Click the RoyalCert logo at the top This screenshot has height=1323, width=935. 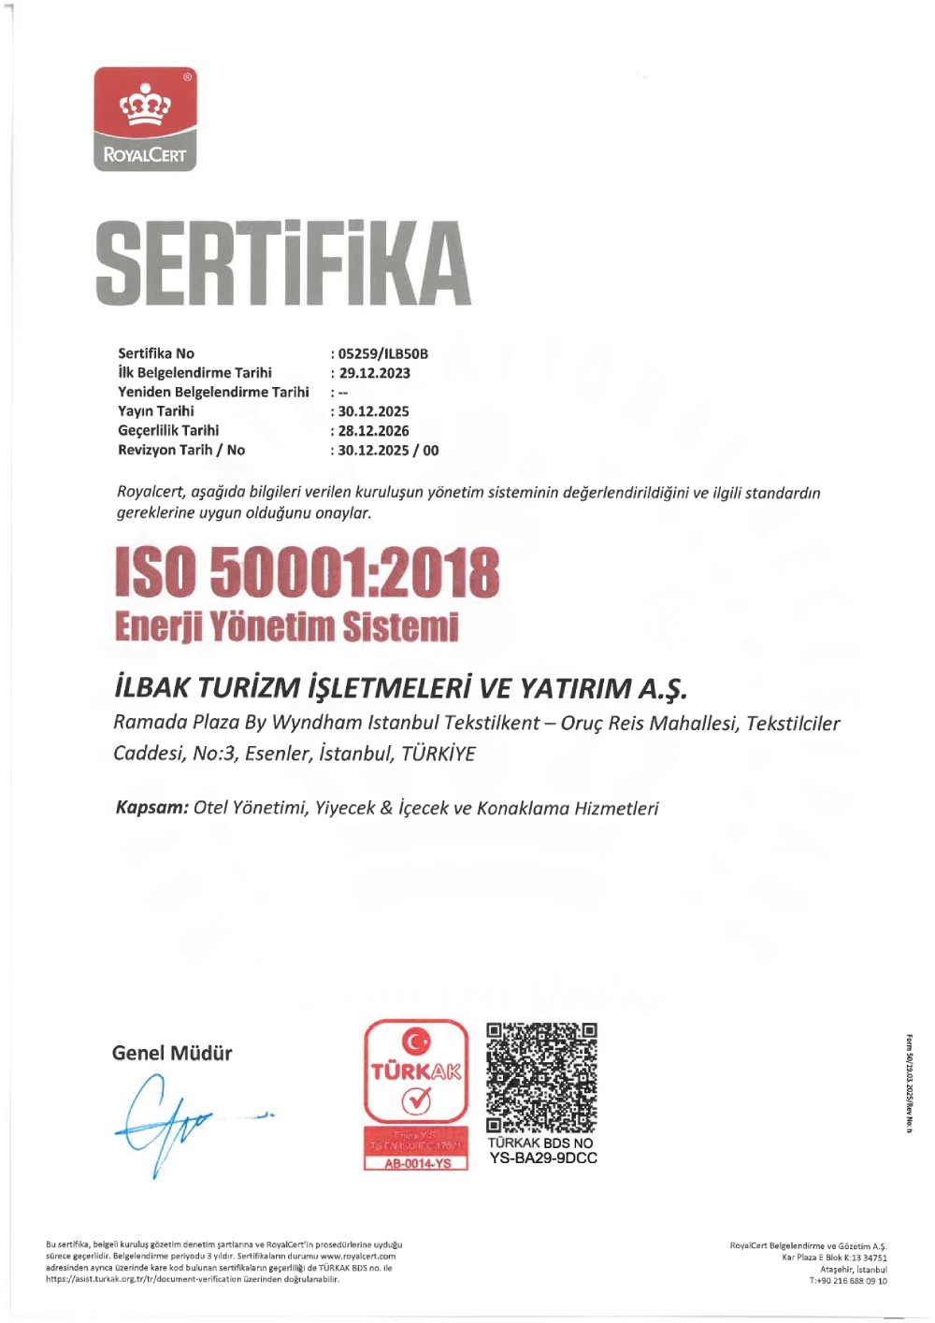145,119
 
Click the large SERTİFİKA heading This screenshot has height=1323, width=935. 282,262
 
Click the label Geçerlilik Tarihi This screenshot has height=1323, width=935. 168,431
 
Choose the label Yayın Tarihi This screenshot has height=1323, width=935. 156,411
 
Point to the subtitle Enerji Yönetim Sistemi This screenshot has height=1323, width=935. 287,626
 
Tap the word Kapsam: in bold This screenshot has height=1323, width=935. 151,808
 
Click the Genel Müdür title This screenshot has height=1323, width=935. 172,1053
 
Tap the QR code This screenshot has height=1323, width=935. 541,1077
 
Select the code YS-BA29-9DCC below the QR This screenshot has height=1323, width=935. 543,1158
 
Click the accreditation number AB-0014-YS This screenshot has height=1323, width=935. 417,1164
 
